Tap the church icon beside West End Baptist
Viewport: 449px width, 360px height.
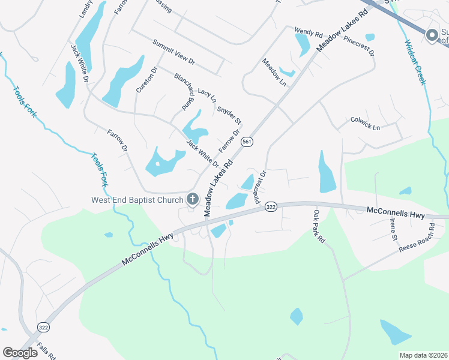pos(193,199)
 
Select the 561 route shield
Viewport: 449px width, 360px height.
pos(247,142)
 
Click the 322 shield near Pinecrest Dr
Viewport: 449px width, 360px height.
pos(271,206)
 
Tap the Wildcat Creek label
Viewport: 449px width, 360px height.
pos(415,62)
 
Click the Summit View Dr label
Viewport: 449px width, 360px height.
pos(174,52)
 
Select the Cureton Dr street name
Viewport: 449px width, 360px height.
pos(146,79)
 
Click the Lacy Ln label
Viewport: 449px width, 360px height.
pos(206,94)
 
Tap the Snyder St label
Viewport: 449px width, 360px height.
pos(229,111)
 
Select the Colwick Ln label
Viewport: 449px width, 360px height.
pos(365,127)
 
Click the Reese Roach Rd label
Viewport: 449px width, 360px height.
pos(417,239)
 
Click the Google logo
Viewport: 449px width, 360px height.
pos(20,353)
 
